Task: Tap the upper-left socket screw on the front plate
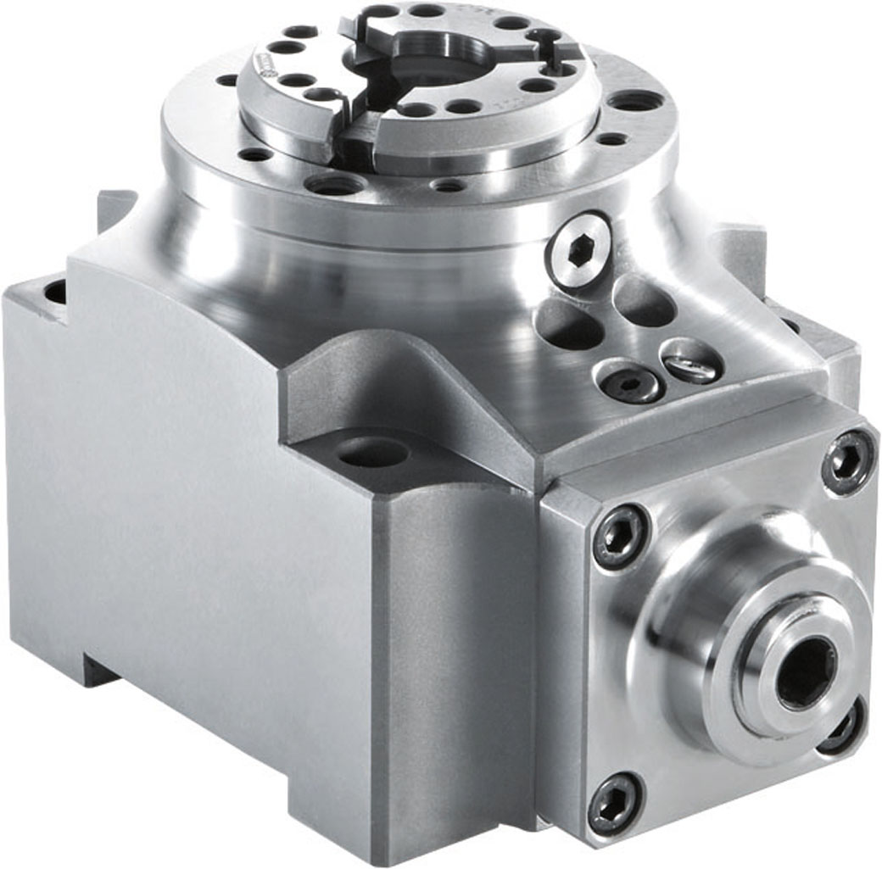620,537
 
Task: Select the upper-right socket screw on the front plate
848,462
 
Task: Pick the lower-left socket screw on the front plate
615,804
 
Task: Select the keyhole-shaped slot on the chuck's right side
549,48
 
